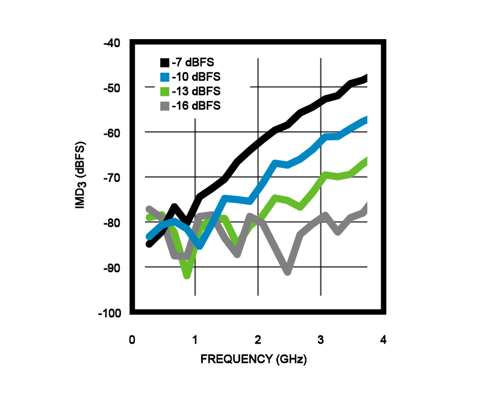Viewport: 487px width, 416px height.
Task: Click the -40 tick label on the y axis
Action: [x=112, y=43]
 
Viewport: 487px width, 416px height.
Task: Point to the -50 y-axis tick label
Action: [x=112, y=88]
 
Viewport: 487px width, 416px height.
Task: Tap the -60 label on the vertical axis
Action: [x=112, y=133]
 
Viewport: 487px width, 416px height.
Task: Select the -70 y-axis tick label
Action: [x=112, y=178]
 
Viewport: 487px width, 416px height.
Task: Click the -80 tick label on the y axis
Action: [x=112, y=223]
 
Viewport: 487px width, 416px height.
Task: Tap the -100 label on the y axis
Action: [x=110, y=314]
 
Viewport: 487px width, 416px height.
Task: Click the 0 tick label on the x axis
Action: [x=132, y=340]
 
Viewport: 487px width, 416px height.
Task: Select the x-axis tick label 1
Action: [x=195, y=340]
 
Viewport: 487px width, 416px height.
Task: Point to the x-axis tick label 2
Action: [x=258, y=340]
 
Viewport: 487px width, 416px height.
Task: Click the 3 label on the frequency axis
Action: [x=320, y=340]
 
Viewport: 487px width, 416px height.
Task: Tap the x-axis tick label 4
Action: [x=383, y=340]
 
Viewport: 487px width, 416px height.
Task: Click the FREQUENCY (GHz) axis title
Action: [x=253, y=360]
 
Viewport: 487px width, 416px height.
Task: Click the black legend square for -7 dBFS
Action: [x=164, y=62]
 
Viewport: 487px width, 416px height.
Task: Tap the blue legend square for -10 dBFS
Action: [x=164, y=76]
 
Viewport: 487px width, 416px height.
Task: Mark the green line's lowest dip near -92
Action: [x=187, y=275]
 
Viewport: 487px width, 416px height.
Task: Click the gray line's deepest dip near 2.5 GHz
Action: [x=288, y=272]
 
